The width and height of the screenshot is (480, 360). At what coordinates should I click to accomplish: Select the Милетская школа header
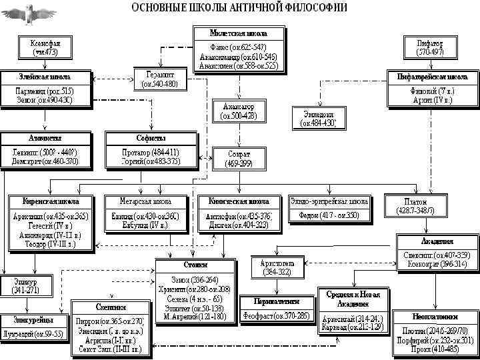click(x=238, y=33)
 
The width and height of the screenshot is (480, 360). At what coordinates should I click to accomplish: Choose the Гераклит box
click(x=161, y=79)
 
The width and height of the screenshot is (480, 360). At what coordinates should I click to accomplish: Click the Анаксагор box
click(x=238, y=111)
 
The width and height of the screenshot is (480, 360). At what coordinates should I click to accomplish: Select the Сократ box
click(x=238, y=158)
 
